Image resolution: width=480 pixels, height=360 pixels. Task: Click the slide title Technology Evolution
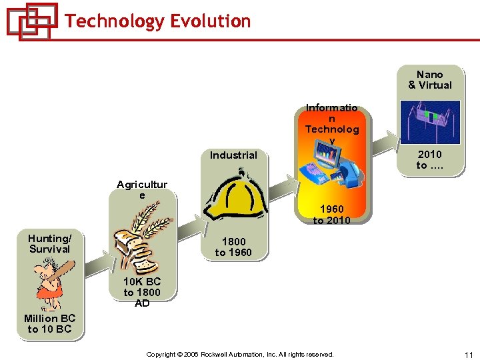(158, 21)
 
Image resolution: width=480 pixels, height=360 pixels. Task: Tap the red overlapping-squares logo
(31, 21)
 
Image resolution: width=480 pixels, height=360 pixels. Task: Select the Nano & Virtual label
(430, 80)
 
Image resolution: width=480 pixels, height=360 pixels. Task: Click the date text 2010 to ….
(430, 160)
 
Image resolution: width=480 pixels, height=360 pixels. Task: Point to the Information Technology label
(331, 124)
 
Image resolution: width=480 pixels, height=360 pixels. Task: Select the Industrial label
(233, 155)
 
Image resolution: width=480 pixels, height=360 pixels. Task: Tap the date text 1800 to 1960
(233, 247)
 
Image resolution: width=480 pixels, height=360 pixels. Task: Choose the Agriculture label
(142, 190)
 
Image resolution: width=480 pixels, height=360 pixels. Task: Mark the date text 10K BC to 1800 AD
(142, 292)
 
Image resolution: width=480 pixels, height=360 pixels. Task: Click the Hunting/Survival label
(49, 244)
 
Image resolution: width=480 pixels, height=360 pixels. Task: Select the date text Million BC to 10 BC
(49, 324)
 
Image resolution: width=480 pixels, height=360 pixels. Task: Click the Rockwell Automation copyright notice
(240, 355)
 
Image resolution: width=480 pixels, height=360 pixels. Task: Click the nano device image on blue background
(430, 121)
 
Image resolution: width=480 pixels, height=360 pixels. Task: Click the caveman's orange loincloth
(48, 292)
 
